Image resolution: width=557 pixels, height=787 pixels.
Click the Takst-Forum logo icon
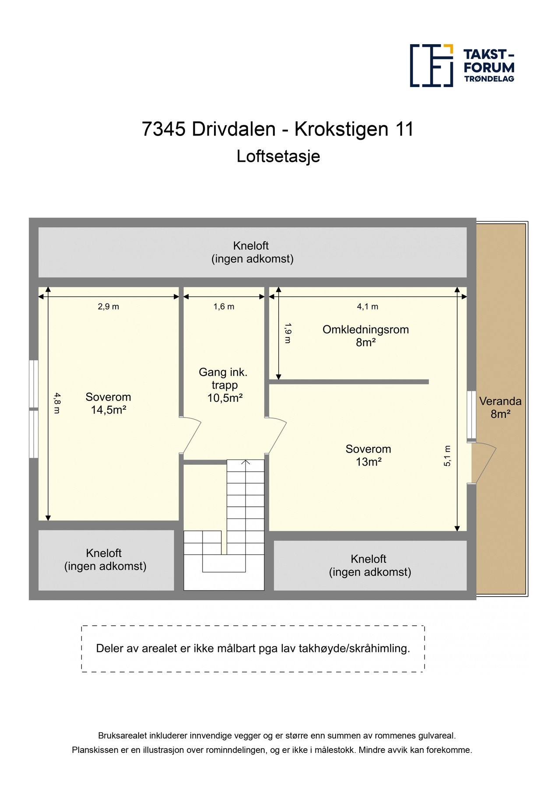point(431,65)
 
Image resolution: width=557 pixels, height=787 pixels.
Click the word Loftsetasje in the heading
point(278,156)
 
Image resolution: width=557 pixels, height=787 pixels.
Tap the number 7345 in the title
point(163,129)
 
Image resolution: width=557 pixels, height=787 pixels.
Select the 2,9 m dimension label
point(109,306)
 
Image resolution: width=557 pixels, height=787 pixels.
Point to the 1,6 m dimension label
point(224,306)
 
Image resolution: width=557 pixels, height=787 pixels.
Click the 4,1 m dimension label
point(368,306)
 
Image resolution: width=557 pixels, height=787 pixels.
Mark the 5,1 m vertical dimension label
point(447,456)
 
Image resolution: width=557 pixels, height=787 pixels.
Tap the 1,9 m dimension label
point(287,333)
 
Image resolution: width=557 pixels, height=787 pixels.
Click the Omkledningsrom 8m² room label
point(366,336)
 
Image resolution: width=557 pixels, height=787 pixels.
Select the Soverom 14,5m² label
point(109,403)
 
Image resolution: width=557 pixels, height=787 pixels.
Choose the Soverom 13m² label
point(368,455)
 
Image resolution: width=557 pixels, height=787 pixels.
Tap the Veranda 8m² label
point(500,407)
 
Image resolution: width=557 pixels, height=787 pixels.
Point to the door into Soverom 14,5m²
point(191,435)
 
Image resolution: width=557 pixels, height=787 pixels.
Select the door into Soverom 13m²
point(277,435)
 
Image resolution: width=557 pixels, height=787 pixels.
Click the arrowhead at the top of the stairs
point(246,462)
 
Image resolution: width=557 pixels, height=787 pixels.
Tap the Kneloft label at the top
point(251,246)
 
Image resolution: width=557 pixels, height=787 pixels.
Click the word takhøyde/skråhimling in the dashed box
point(354,648)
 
